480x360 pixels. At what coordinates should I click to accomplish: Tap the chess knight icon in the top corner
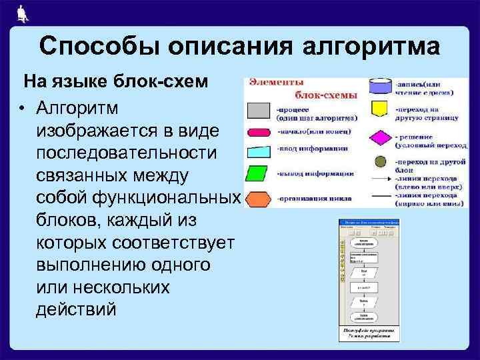(x=22, y=13)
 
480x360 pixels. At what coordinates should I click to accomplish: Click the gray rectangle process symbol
(x=259, y=111)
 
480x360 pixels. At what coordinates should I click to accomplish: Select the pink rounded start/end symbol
(x=259, y=132)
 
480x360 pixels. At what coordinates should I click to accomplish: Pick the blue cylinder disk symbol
(x=380, y=87)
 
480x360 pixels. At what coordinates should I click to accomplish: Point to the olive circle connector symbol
(x=380, y=161)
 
